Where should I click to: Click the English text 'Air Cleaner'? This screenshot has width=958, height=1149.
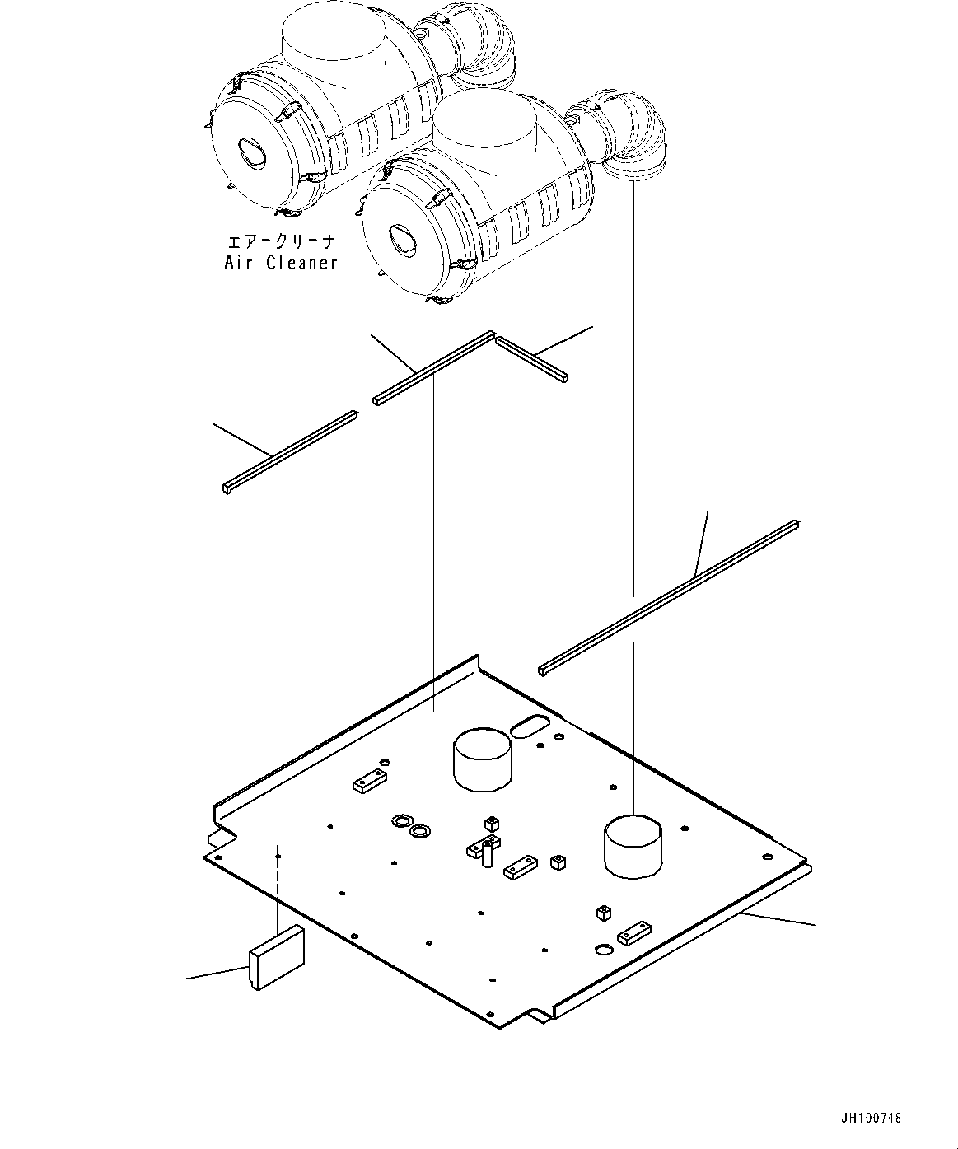[x=281, y=263]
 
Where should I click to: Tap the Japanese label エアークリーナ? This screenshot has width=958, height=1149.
[x=281, y=242]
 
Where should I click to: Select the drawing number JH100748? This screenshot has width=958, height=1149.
[x=871, y=1119]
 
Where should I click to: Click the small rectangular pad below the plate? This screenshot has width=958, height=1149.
[x=277, y=956]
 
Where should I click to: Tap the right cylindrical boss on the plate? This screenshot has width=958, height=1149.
[x=633, y=847]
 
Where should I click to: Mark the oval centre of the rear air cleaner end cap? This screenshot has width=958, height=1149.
[x=248, y=153]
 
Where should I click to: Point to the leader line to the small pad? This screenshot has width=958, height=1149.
[x=217, y=972]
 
